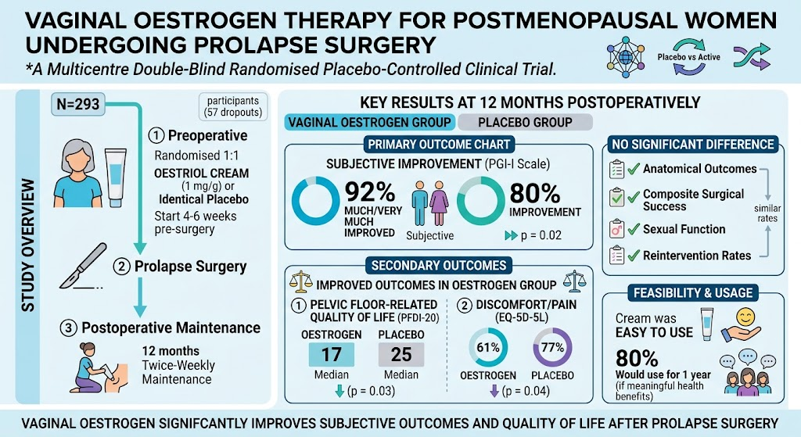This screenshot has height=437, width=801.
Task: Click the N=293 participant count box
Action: (78, 104)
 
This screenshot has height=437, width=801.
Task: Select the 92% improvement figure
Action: (370, 192)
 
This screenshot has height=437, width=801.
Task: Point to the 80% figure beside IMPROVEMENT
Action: (535, 193)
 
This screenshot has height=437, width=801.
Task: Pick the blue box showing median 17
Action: (332, 354)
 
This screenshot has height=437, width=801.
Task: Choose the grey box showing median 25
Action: (401, 354)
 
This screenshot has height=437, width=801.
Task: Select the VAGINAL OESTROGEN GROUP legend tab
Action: (369, 123)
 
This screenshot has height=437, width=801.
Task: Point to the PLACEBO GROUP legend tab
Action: (525, 123)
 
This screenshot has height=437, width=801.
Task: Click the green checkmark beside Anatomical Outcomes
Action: (634, 169)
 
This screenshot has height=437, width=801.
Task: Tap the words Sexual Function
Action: (684, 229)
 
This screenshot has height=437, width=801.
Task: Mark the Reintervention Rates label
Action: (697, 256)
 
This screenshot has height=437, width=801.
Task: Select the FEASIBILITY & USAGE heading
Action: (693, 293)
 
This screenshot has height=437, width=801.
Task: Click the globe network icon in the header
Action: (626, 57)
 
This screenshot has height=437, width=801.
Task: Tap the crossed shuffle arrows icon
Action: (752, 56)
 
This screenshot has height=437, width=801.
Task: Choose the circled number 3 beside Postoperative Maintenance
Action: (69, 328)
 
